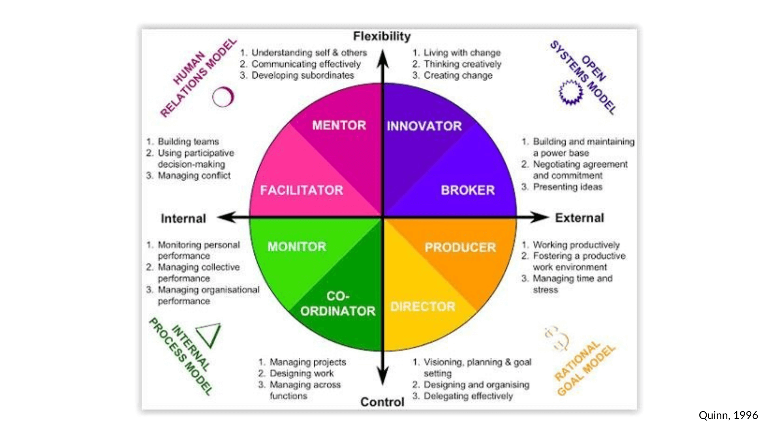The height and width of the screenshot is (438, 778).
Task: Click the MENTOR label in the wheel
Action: pos(339,125)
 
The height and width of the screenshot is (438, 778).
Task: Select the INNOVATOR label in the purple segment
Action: pos(424,126)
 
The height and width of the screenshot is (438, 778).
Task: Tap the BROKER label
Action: pos(468,190)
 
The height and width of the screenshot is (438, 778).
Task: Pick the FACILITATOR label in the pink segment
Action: pos(301,190)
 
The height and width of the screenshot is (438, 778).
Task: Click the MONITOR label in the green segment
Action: pos(297,247)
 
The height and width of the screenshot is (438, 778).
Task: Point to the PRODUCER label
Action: pos(460,247)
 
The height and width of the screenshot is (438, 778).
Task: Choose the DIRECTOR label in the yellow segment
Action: pos(422,307)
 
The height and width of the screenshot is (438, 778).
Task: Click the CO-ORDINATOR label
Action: pos(338,304)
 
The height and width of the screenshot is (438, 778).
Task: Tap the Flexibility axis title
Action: pos(382,36)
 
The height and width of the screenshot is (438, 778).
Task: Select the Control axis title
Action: pos(382,402)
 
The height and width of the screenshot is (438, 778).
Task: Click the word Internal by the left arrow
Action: pos(183,219)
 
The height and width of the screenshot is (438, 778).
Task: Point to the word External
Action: pos(579,218)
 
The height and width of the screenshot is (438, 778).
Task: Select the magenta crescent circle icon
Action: pos(223,97)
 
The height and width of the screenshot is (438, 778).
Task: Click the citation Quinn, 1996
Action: pos(728,415)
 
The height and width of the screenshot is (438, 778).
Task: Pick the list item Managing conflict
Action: pos(194,176)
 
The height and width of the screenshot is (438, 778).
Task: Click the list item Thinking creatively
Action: pos(462,64)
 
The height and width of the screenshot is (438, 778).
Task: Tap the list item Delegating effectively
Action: pos(468,396)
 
